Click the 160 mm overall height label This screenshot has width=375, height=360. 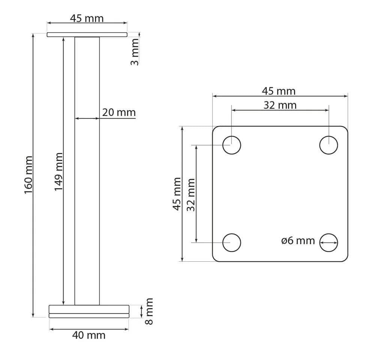(x=28, y=175)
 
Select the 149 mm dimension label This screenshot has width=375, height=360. (x=58, y=172)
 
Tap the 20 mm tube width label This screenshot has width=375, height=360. (x=119, y=112)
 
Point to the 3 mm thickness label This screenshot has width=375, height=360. (x=135, y=52)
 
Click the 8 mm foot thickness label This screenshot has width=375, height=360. (x=149, y=311)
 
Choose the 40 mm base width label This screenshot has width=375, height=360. (x=89, y=335)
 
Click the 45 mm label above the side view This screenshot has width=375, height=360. (x=87, y=18)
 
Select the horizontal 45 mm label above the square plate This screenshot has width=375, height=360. (x=279, y=91)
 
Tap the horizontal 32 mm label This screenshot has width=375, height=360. (x=280, y=105)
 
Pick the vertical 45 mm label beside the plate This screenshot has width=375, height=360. (x=177, y=194)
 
